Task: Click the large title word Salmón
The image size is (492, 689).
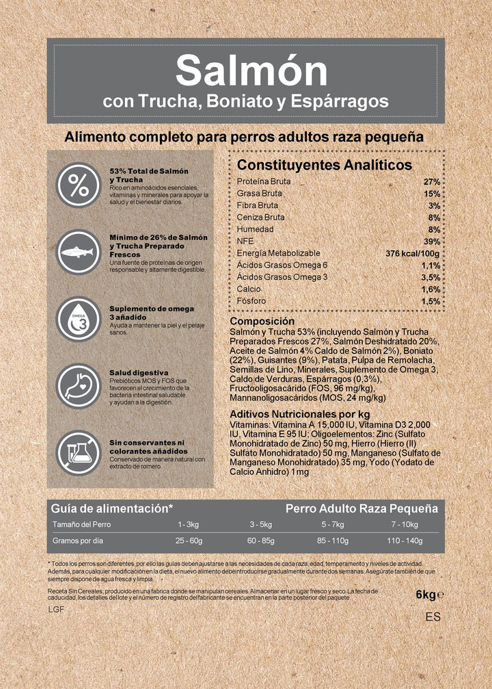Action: (252, 70)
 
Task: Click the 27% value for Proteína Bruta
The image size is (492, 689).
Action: (432, 182)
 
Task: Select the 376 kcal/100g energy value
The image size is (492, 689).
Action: (413, 254)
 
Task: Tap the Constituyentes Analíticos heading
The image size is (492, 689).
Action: (324, 165)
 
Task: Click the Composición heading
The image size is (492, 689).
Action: (262, 321)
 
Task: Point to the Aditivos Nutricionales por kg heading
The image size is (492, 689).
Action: (300, 415)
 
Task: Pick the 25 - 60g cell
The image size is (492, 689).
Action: (189, 541)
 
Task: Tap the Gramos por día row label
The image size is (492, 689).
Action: (77, 541)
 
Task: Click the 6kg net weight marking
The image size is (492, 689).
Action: (428, 595)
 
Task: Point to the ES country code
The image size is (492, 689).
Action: (433, 616)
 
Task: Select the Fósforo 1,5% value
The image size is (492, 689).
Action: (430, 302)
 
